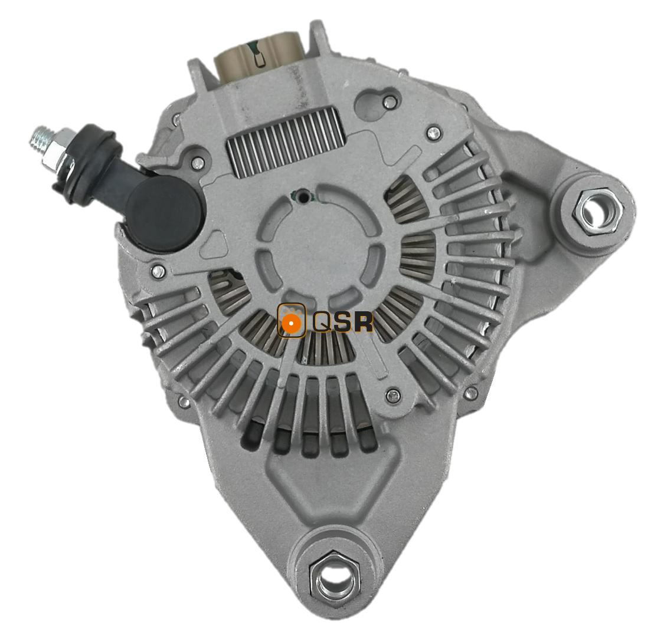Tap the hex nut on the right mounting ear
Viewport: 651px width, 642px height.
[x=596, y=212]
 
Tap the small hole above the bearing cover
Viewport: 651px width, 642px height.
[x=303, y=195]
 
